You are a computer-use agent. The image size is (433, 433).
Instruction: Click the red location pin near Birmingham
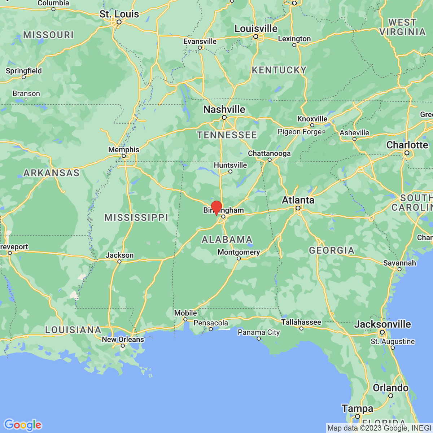pyautogui.click(x=216, y=207)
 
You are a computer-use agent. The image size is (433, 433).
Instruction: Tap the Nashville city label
pyautogui.click(x=224, y=109)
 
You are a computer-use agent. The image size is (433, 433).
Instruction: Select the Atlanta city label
pyautogui.click(x=298, y=200)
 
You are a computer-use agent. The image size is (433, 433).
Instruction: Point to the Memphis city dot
pyautogui.click(x=124, y=156)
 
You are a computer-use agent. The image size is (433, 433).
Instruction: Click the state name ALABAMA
pyautogui.click(x=227, y=240)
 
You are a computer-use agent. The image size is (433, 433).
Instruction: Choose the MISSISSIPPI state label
pyautogui.click(x=136, y=218)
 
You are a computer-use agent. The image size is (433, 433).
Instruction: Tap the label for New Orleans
pyautogui.click(x=123, y=340)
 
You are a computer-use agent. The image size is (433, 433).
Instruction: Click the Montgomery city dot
pyautogui.click(x=239, y=258)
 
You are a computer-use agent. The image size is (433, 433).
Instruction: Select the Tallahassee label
pyautogui.click(x=301, y=322)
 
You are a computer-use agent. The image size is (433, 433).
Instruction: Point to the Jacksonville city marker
pyautogui.click(x=382, y=332)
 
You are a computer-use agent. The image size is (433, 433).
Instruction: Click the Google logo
pyautogui.click(x=22, y=425)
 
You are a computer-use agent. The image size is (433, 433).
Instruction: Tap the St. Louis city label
pyautogui.click(x=119, y=14)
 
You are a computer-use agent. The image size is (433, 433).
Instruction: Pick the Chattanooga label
pyautogui.click(x=269, y=153)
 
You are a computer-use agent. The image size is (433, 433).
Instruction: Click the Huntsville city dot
pyautogui.click(x=230, y=171)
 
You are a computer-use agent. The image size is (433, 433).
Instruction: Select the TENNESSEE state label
pyautogui.click(x=227, y=135)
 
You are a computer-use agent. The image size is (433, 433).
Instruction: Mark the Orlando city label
pyautogui.click(x=391, y=388)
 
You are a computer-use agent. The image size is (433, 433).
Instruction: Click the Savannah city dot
pyautogui.click(x=399, y=269)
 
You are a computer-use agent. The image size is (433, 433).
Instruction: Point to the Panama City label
pyautogui.click(x=258, y=332)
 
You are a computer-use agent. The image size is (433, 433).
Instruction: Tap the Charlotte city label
pyautogui.click(x=407, y=145)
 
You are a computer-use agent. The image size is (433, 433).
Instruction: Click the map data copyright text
pyautogui.click(x=379, y=428)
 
